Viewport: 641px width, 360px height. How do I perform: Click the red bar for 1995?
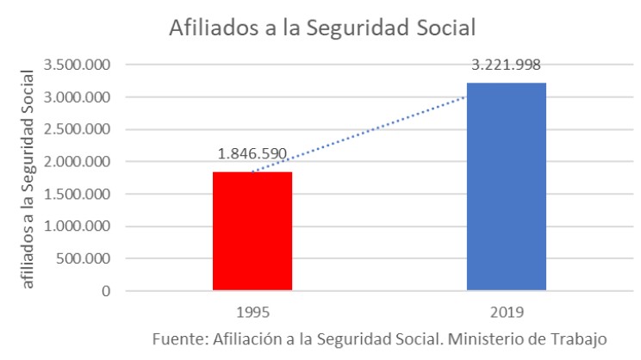[252, 231]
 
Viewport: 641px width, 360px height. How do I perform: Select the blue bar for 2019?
[506, 186]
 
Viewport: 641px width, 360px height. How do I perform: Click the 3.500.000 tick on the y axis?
[84, 65]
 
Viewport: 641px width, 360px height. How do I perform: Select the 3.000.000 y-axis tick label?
[84, 97]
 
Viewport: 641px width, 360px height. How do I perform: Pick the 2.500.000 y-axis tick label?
[84, 130]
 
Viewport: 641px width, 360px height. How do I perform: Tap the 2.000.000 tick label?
[84, 162]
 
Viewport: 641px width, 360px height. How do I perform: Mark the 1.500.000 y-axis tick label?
[84, 194]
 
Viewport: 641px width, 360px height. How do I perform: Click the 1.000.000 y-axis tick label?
[84, 227]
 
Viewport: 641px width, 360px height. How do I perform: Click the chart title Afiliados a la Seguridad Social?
[323, 28]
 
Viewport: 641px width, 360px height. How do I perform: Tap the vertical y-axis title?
[28, 171]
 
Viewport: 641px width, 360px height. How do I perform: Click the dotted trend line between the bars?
[379, 130]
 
